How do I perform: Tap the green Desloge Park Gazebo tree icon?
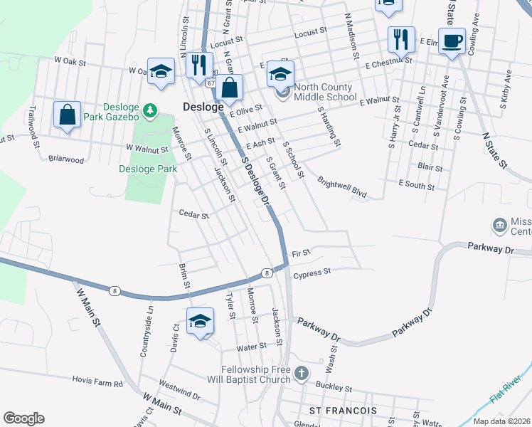150,110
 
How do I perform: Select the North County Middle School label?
322,92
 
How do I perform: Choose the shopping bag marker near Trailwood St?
67,115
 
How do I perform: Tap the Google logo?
23,418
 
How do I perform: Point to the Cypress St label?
312,272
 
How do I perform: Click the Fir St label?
302,253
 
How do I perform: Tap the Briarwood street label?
66,159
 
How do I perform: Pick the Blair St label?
430,168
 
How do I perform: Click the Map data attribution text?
503,421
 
